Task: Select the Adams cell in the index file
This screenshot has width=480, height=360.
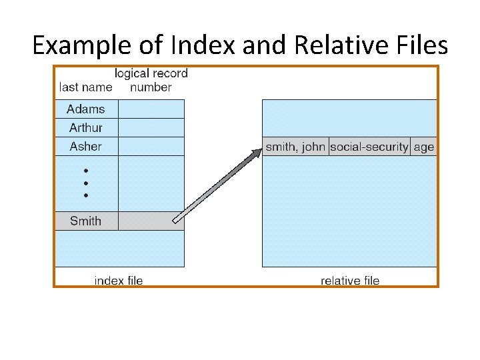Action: coord(86,109)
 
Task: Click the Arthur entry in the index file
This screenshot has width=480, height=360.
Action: coord(86,127)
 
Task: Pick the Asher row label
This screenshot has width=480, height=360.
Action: coord(86,146)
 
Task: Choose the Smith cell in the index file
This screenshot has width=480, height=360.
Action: coord(86,221)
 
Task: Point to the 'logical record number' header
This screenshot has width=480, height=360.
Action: coord(151,80)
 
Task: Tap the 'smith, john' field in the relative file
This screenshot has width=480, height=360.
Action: coord(295,147)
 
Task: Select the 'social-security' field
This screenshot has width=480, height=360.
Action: coord(369,147)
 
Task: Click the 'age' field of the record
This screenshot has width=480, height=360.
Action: coord(424,147)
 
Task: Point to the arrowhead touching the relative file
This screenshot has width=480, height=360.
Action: coord(257,153)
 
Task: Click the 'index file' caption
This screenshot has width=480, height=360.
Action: coord(119,281)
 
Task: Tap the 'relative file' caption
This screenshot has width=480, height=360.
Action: coord(350,281)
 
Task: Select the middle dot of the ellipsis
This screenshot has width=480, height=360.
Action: coord(86,183)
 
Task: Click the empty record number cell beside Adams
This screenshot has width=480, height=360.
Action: coord(151,109)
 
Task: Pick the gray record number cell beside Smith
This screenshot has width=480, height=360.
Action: coord(151,221)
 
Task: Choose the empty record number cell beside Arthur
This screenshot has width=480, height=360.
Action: coord(151,127)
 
